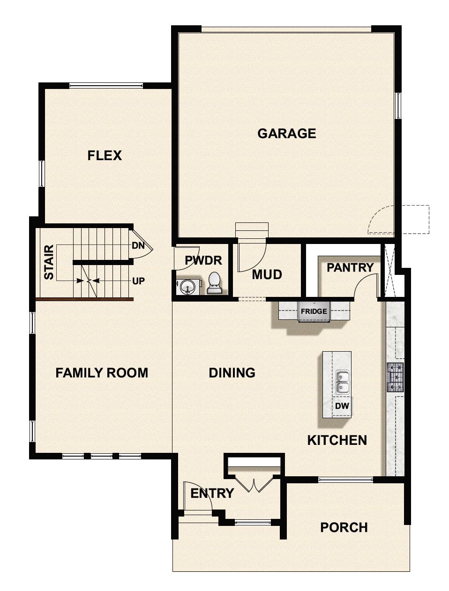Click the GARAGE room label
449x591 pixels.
click(286, 133)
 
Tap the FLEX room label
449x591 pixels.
click(105, 155)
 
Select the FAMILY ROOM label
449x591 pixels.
click(102, 373)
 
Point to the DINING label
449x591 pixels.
click(232, 373)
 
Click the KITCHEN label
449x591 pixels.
click(337, 440)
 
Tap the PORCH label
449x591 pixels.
click(344, 528)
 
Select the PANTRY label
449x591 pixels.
click(350, 267)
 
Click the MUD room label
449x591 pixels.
click(267, 274)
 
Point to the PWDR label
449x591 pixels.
click(203, 260)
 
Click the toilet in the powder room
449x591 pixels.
click(214, 283)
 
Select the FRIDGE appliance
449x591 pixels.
click(314, 311)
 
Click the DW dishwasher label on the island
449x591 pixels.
click(342, 406)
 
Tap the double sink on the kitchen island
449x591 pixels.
click(343, 382)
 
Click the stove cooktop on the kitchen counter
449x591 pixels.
click(395, 377)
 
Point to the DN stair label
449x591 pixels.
click(138, 245)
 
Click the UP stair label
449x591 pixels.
click(138, 281)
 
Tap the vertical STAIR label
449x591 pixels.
click(49, 262)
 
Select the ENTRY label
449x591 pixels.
click(212, 493)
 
